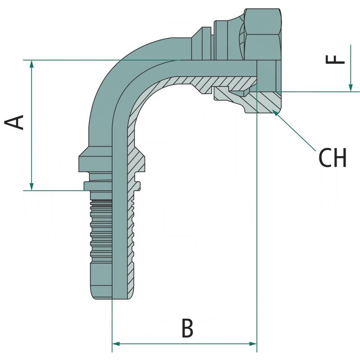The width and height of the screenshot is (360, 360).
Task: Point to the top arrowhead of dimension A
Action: coord(31,64)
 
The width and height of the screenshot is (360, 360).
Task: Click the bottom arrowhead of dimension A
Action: coord(31,186)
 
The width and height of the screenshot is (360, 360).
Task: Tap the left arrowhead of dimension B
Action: coord(115,344)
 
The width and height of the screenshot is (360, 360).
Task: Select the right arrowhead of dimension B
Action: coord(253,344)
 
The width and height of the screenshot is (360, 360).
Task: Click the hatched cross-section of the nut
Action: coord(252,103)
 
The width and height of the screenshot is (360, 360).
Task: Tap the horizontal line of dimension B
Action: coord(184,344)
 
